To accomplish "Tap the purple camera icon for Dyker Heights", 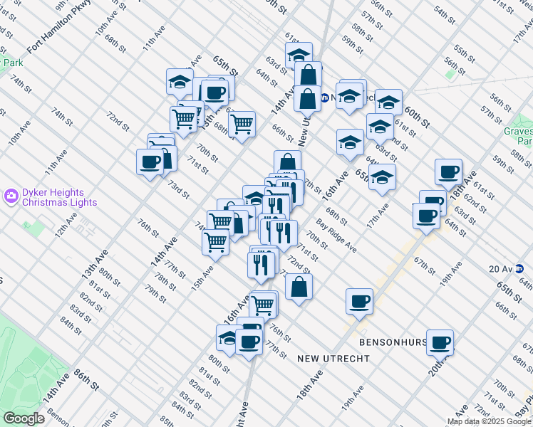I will (x=11, y=195).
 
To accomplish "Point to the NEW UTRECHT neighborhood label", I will (x=333, y=358).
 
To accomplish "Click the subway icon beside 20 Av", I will (x=520, y=268).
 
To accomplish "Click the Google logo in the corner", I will (x=24, y=418).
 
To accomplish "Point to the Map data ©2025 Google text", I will (x=489, y=421).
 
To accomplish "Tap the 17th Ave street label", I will (x=378, y=216).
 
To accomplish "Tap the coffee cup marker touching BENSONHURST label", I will (x=439, y=341).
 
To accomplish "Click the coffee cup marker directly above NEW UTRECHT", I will (x=359, y=301).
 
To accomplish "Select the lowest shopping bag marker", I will (x=299, y=286).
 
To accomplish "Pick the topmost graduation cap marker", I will (x=299, y=56).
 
